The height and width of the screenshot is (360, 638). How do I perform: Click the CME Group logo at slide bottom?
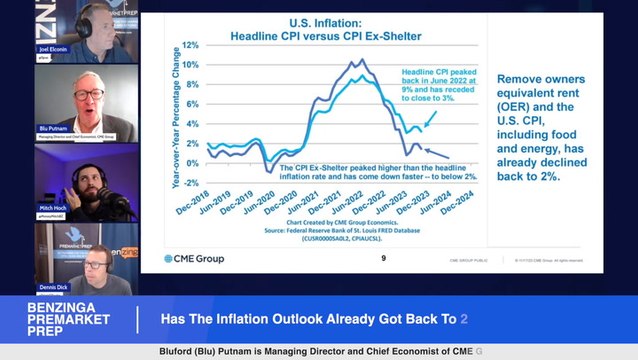coord(195,259)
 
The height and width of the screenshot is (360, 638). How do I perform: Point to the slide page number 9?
coord(384,259)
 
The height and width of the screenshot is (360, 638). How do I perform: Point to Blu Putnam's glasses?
coord(88,95)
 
